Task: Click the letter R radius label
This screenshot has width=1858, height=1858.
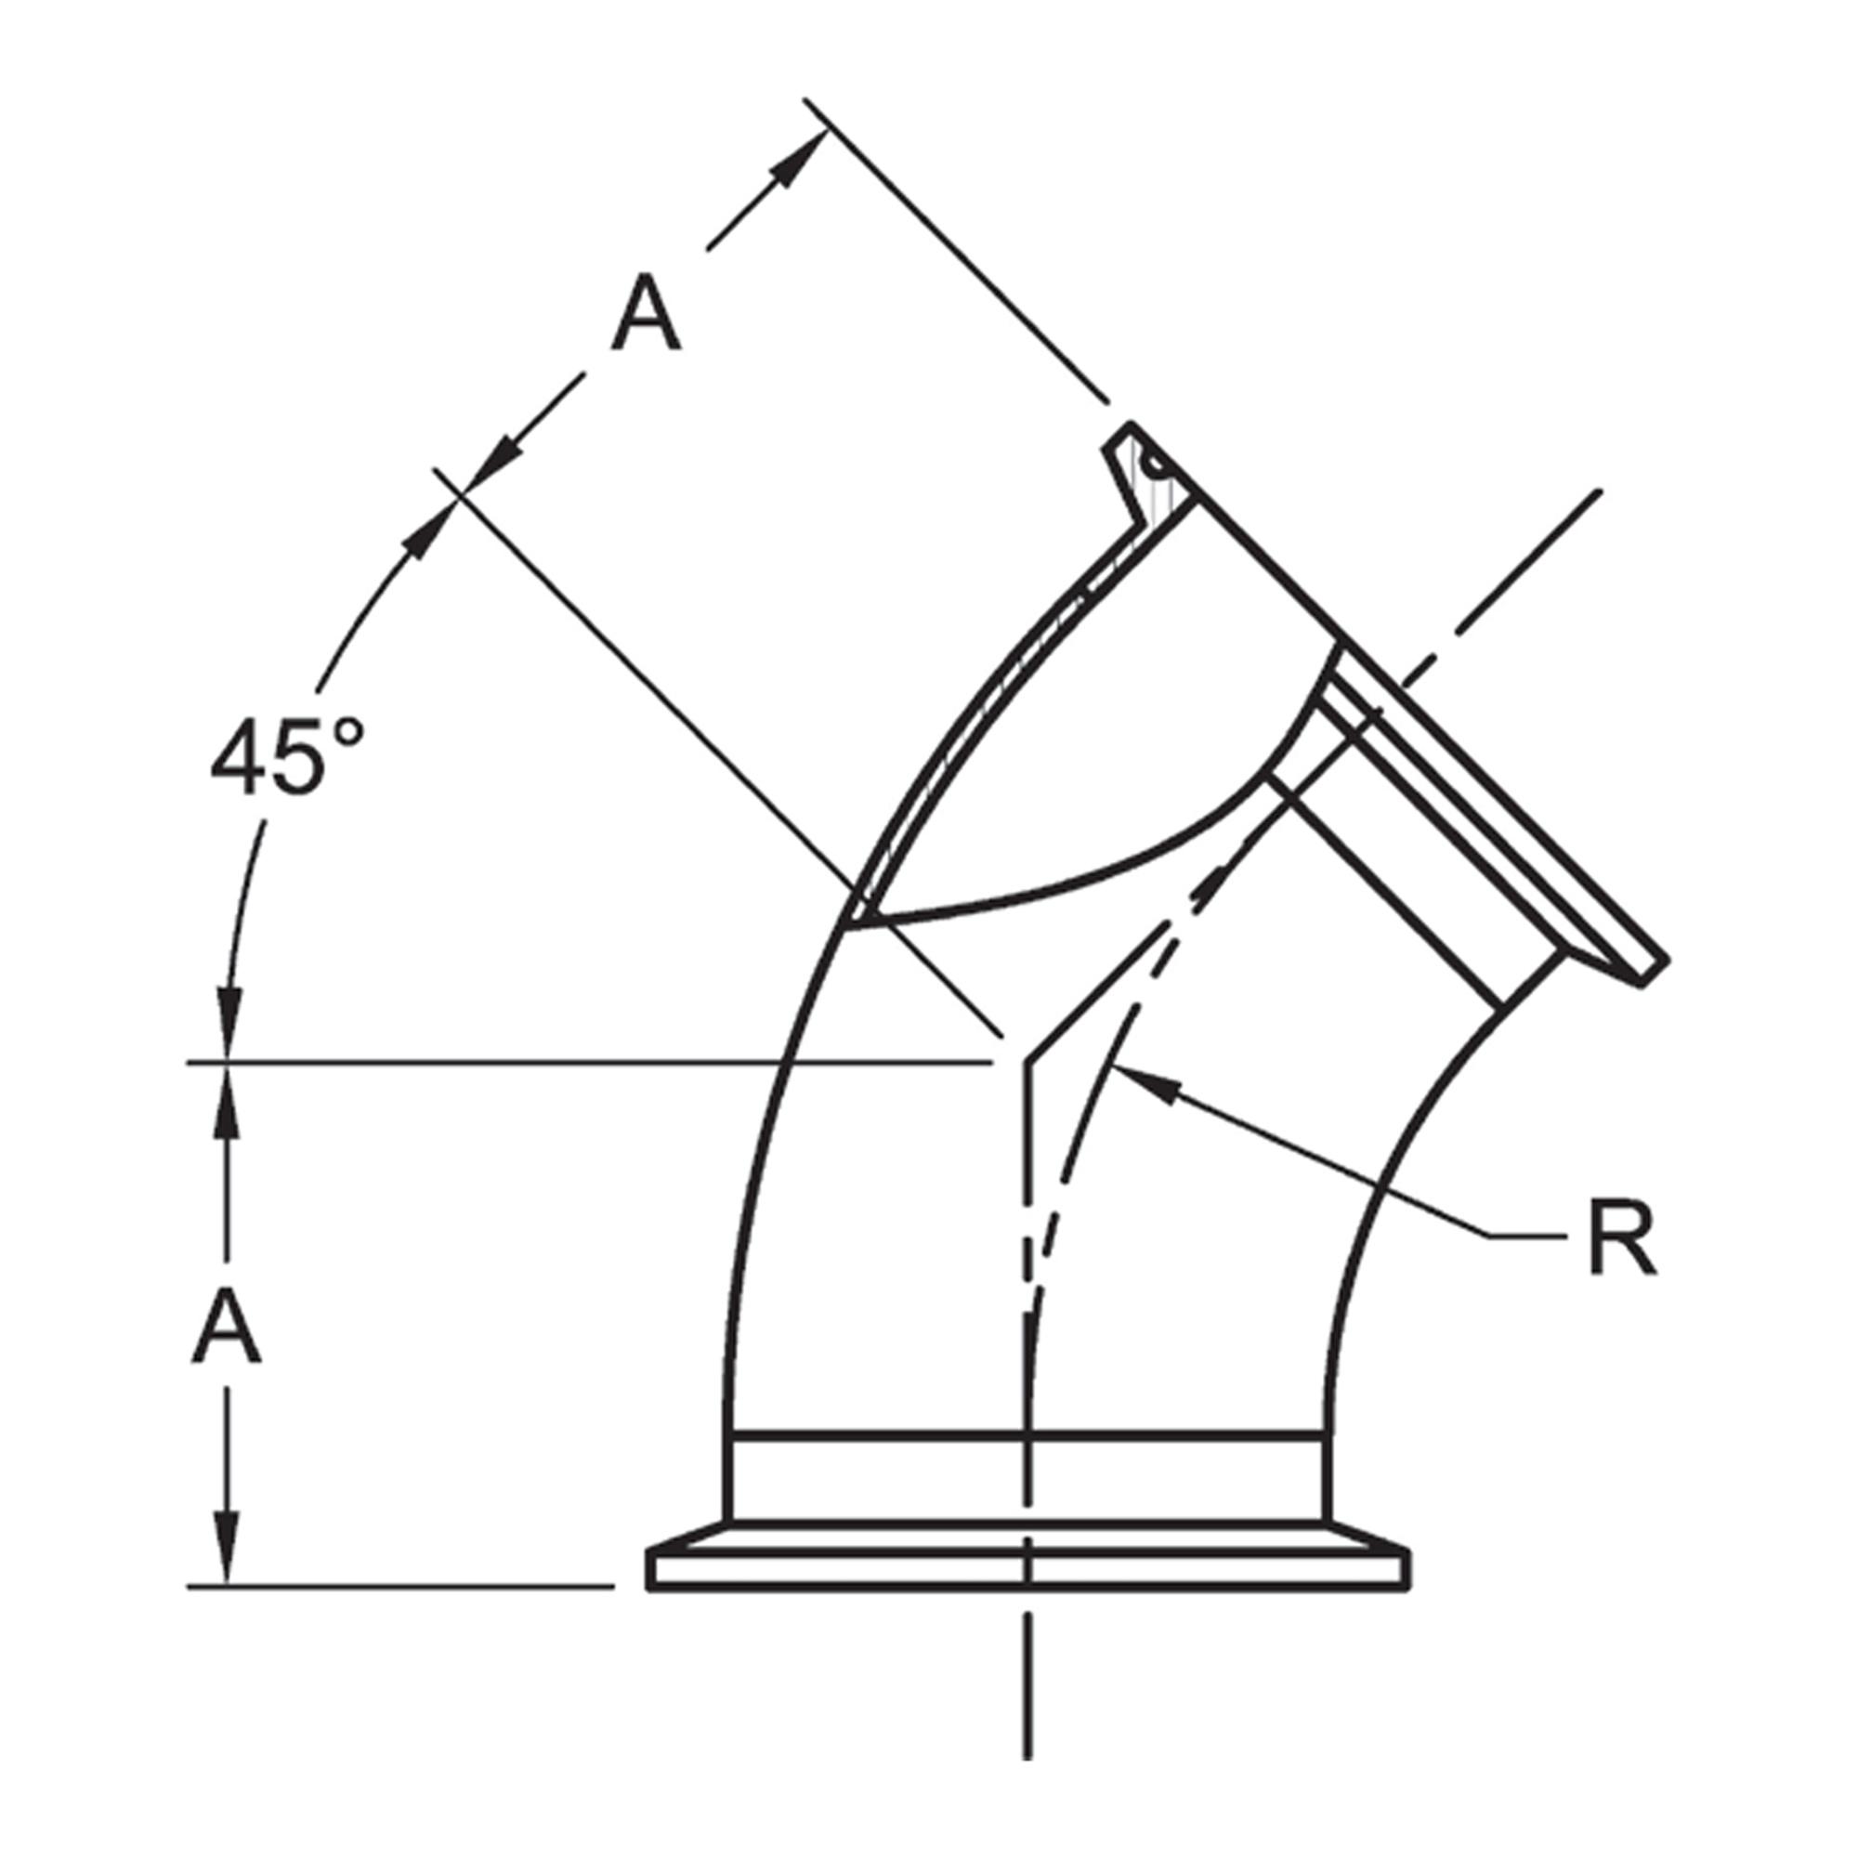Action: pyautogui.click(x=1622, y=1239)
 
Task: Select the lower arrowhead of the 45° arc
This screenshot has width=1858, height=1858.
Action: pyautogui.click(x=229, y=1039)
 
